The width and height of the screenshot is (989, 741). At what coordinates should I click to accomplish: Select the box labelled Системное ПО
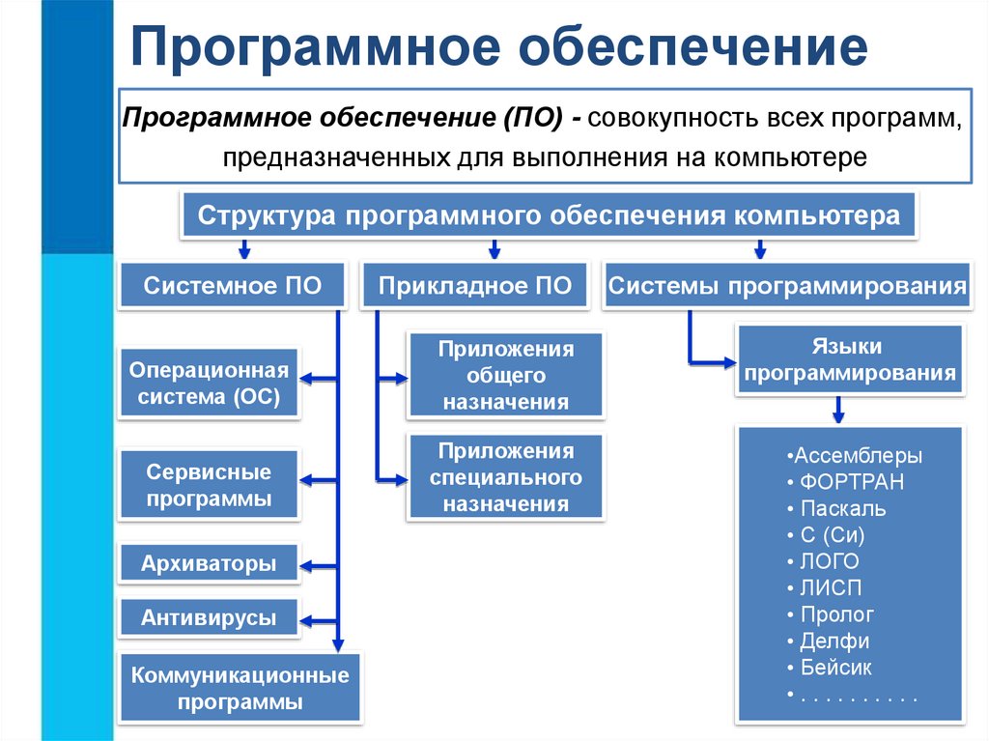click(232, 286)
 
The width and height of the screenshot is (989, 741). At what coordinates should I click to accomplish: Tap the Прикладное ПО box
click(474, 286)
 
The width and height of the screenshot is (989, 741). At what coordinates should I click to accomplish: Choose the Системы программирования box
click(788, 286)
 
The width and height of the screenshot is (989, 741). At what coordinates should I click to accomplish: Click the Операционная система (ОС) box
click(210, 384)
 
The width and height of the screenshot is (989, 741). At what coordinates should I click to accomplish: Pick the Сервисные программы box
click(210, 486)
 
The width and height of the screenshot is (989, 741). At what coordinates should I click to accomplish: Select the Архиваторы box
click(209, 563)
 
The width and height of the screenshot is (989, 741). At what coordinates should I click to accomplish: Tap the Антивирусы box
click(209, 617)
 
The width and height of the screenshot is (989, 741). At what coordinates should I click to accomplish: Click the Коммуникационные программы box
click(240, 688)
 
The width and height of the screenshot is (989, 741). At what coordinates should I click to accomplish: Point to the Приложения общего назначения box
click(506, 376)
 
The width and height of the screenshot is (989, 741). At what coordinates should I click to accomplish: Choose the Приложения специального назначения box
click(506, 477)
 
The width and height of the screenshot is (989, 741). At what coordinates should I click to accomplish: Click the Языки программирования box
click(850, 359)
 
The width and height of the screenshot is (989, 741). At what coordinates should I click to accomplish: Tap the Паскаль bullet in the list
click(842, 508)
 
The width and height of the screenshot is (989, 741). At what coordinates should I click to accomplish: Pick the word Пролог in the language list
click(836, 614)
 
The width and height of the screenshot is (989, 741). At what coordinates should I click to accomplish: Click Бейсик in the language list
click(835, 668)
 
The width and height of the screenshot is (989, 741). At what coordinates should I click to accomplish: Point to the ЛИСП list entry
click(831, 587)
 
